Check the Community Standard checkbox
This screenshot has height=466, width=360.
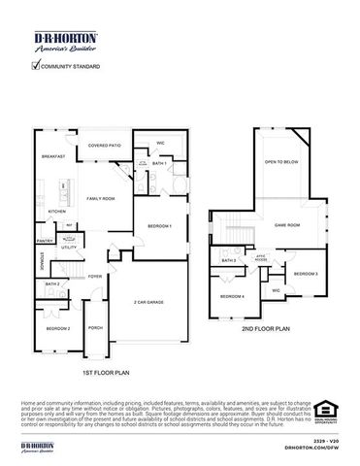(x=36, y=66)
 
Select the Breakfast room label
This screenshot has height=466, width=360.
(x=53, y=156)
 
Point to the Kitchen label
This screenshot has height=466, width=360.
(x=56, y=210)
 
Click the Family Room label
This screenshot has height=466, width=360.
(x=101, y=198)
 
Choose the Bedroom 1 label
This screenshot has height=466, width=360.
(x=160, y=226)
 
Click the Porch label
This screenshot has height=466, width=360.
(x=95, y=327)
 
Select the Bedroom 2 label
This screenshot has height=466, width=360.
(x=58, y=328)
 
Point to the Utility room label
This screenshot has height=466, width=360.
(x=69, y=248)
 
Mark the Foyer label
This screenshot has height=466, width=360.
(x=95, y=276)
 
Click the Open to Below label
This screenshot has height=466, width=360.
(x=281, y=162)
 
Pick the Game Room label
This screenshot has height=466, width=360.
(x=287, y=224)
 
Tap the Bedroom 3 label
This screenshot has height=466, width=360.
(x=307, y=274)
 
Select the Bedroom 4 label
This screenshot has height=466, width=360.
(x=233, y=295)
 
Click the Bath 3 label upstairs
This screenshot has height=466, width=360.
(x=229, y=260)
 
